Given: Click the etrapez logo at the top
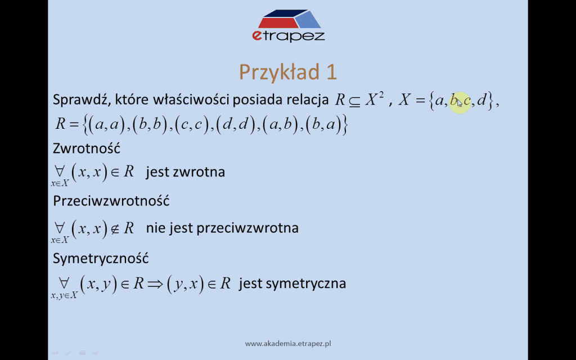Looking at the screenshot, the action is [x=289, y=26].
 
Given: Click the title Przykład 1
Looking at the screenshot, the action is [x=288, y=71].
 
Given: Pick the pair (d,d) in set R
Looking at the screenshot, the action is [x=236, y=125].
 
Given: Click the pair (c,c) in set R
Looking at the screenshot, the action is [x=192, y=125].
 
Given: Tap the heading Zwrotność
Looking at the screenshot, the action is [x=87, y=148].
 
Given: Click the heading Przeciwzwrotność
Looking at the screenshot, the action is [x=111, y=201].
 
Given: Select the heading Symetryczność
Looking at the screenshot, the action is [x=101, y=258].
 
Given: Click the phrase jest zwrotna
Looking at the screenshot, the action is [x=186, y=172].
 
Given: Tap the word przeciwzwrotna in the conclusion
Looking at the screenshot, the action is [x=247, y=228].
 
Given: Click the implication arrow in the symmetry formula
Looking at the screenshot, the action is [x=155, y=284].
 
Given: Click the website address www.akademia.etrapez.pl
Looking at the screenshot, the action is [x=288, y=344].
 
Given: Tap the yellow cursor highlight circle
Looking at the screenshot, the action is [x=460, y=102].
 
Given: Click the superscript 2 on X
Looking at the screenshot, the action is [x=381, y=95].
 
